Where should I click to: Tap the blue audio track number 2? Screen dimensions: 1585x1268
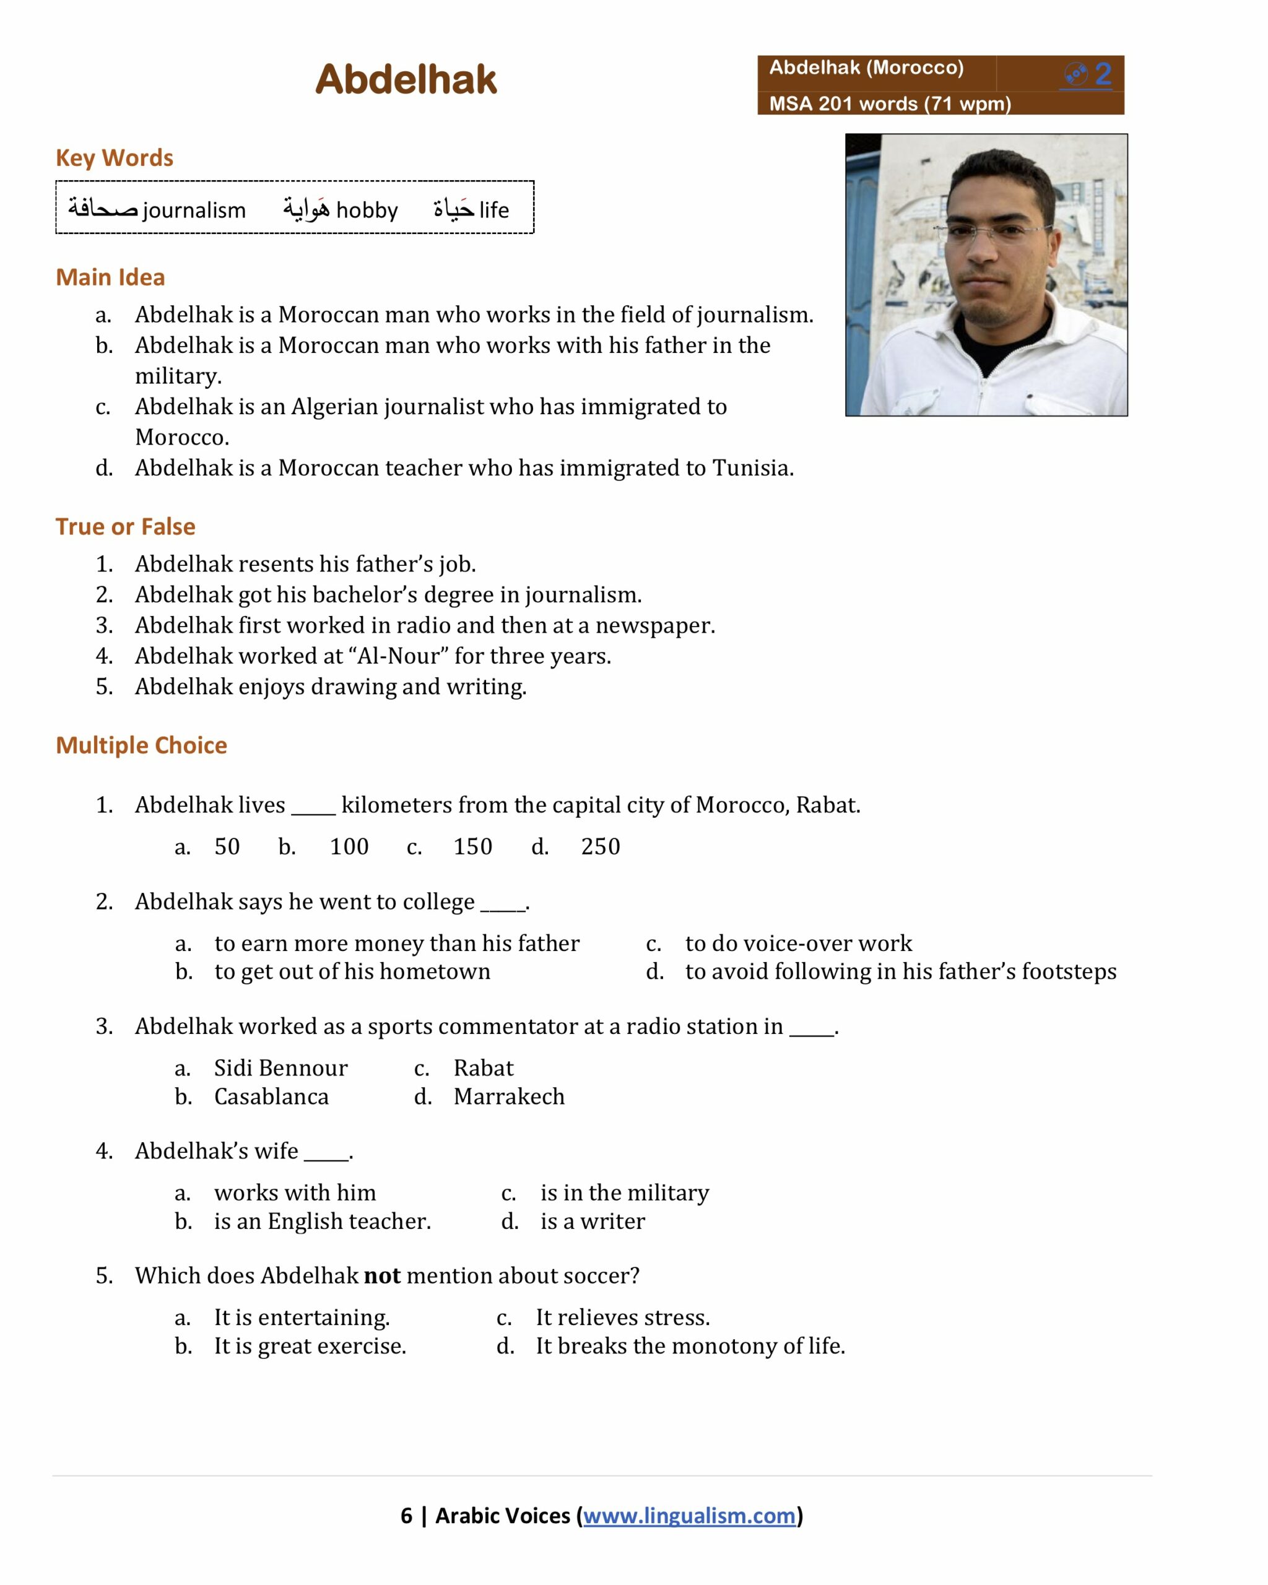pyautogui.click(x=1102, y=74)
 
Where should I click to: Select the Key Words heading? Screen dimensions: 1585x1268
pyautogui.click(x=114, y=158)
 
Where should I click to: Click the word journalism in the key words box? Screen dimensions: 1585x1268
pyautogui.click(x=194, y=211)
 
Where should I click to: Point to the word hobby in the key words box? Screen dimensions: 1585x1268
pyautogui.click(x=366, y=211)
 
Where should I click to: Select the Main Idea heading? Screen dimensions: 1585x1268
pyautogui.click(x=110, y=277)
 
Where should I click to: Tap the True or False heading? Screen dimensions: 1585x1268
pyautogui.click(x=125, y=526)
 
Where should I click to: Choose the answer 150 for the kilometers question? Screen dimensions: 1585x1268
pyautogui.click(x=472, y=846)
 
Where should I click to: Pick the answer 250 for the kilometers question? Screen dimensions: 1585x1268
pyautogui.click(x=601, y=846)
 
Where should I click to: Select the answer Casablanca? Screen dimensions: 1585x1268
pyautogui.click(x=271, y=1096)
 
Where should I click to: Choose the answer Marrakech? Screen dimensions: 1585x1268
pyautogui.click(x=509, y=1096)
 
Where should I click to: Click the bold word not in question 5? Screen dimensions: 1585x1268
pyautogui.click(x=382, y=1275)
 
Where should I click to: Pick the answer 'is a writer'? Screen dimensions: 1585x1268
pyautogui.click(x=593, y=1221)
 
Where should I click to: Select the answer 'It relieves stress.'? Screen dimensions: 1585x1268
pyautogui.click(x=623, y=1318)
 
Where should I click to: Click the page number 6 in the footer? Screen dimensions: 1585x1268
pyautogui.click(x=407, y=1515)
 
